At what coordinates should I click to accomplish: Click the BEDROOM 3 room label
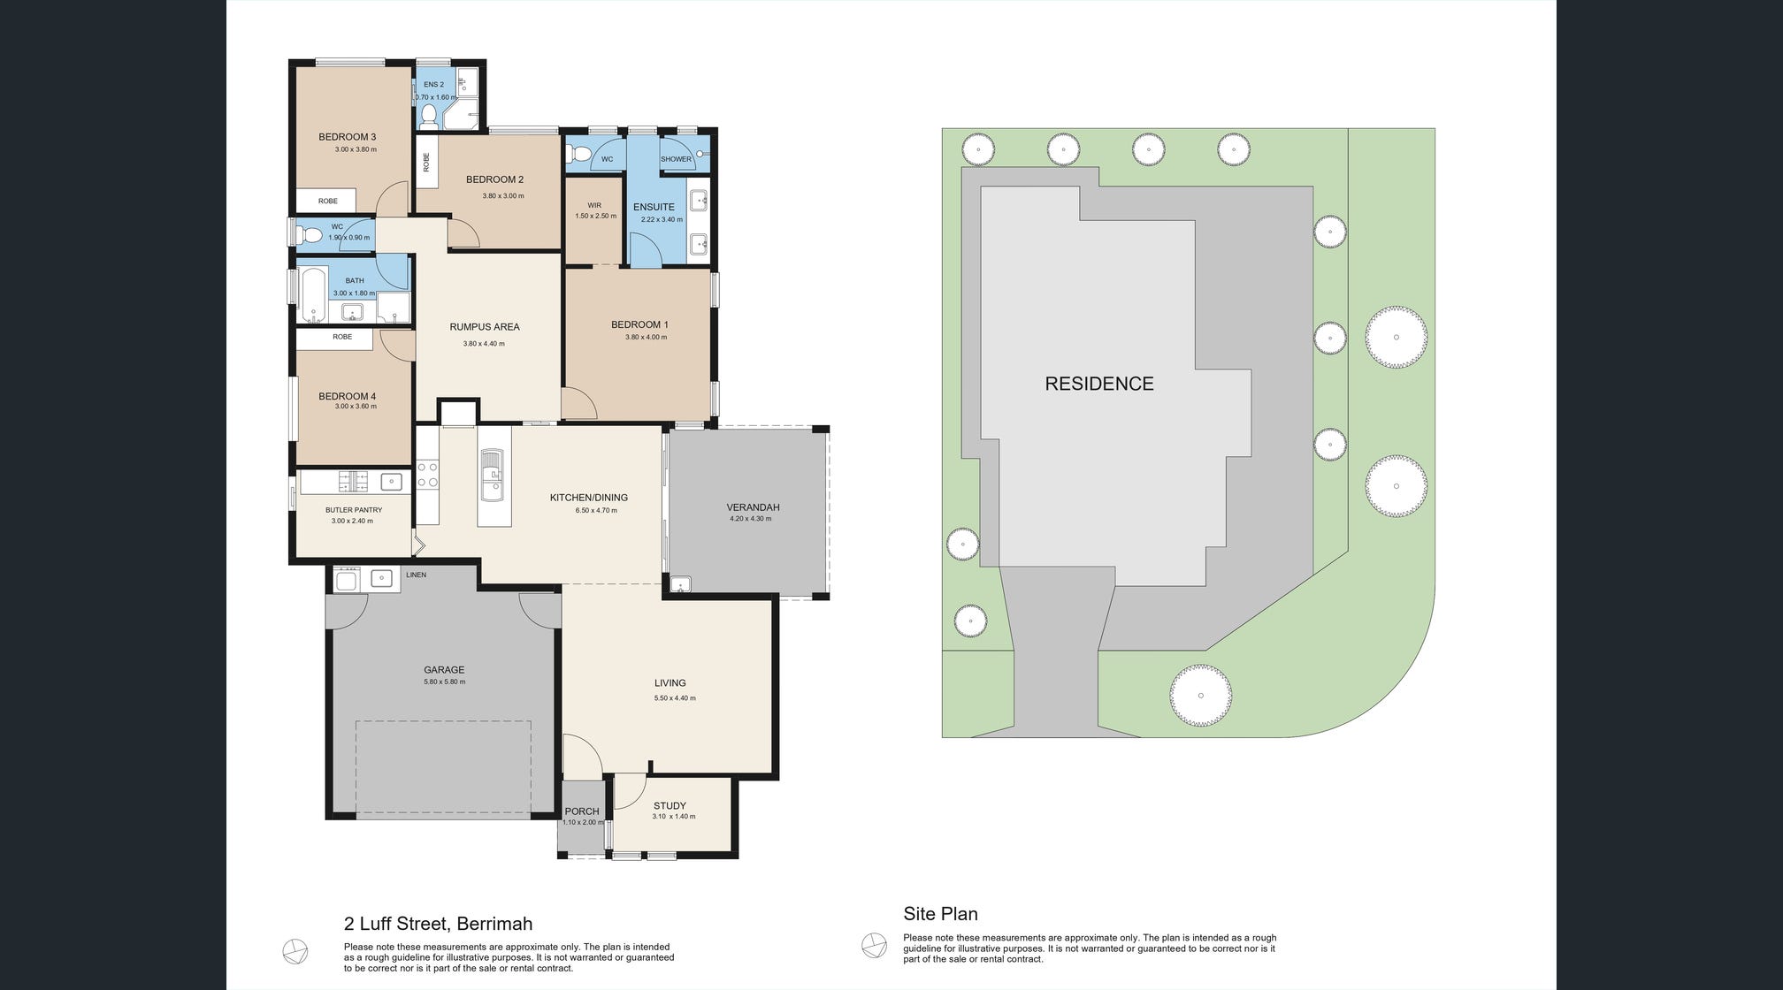(x=348, y=137)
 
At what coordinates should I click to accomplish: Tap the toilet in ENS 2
(x=428, y=114)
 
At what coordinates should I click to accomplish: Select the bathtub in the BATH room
(x=313, y=294)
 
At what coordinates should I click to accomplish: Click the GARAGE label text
(x=444, y=670)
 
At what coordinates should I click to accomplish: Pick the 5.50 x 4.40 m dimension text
(x=675, y=698)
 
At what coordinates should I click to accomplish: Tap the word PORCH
(x=582, y=811)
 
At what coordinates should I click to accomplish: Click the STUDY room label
(x=670, y=806)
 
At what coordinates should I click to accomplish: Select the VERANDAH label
(x=753, y=507)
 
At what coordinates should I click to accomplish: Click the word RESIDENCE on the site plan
(x=1099, y=384)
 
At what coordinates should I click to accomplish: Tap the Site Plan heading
(x=940, y=914)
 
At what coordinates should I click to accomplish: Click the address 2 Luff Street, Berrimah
(x=438, y=924)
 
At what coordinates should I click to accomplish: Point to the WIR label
(x=594, y=205)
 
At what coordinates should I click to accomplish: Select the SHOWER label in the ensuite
(x=677, y=159)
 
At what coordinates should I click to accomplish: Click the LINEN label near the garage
(x=416, y=575)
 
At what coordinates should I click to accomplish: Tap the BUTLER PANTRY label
(x=354, y=510)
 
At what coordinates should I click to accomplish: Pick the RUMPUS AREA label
(x=485, y=327)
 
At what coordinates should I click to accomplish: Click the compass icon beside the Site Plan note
(x=874, y=945)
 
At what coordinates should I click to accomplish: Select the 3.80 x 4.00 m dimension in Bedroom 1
(x=646, y=337)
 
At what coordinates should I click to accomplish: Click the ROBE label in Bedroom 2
(x=426, y=163)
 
